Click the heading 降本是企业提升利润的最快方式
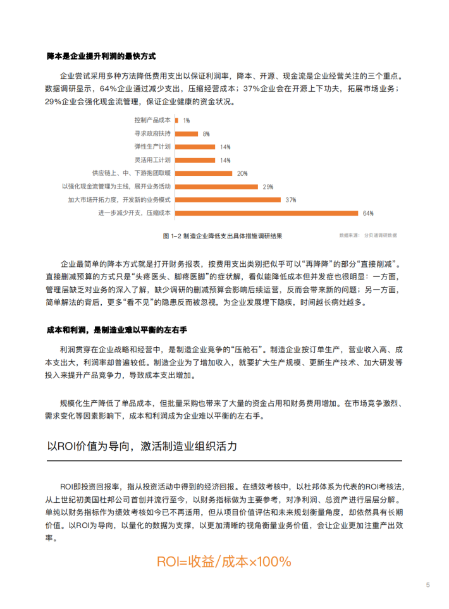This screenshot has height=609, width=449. coord(101,56)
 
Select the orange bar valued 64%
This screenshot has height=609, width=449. coord(266,213)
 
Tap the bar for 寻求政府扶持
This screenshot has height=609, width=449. coord(185,133)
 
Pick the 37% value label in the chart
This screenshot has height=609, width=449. coord(291,200)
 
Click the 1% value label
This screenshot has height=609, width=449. coord(187,120)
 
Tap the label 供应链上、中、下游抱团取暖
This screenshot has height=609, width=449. coord(132,173)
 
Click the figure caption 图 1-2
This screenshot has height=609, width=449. coord(222,235)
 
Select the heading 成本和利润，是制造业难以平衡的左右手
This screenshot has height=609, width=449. coord(117,331)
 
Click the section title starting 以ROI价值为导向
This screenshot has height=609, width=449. coord(142,446)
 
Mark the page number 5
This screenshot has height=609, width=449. coord(428,585)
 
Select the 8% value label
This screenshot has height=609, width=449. coord(206,133)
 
